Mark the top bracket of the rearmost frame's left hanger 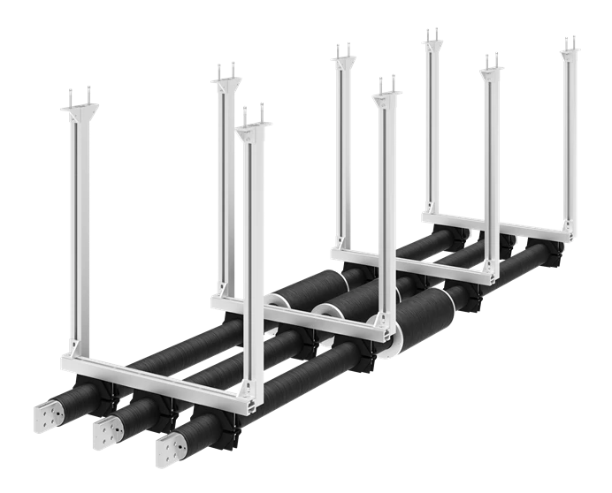tap(432, 37)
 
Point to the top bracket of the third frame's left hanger tap(342, 55)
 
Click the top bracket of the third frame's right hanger tap(489, 63)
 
